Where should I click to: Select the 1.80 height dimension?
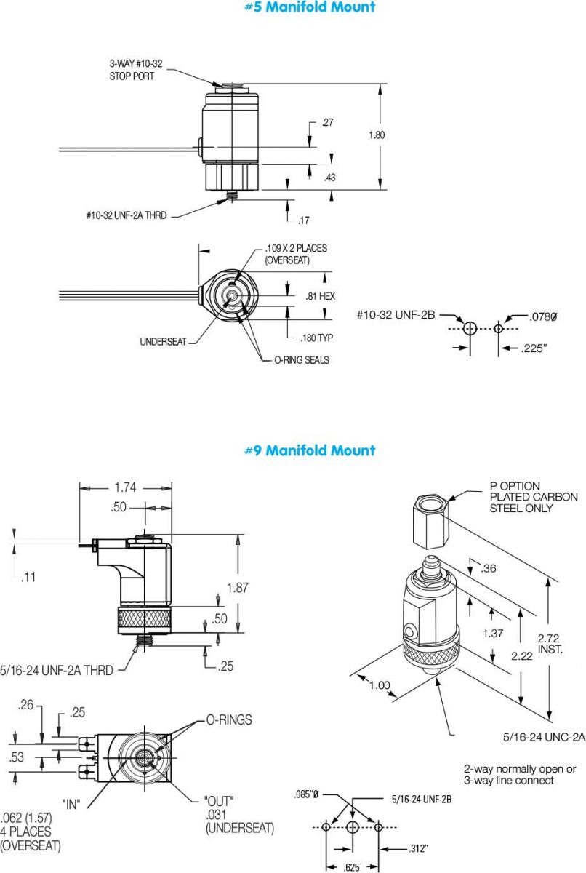point(377,135)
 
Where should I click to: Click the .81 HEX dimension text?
point(321,296)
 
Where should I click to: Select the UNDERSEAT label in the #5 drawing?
point(163,342)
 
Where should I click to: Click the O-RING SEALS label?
point(302,360)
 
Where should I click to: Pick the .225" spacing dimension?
point(534,348)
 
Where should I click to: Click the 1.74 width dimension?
point(126,487)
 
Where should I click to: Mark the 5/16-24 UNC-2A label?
point(544,737)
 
